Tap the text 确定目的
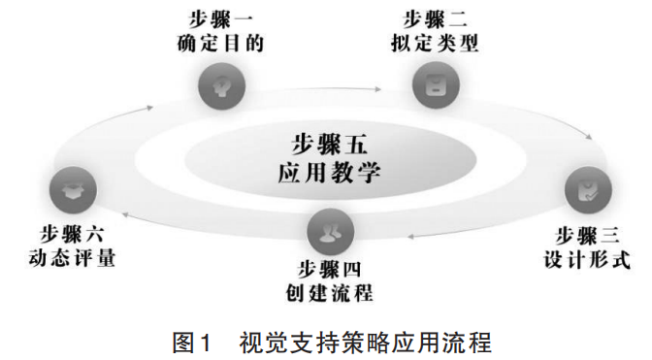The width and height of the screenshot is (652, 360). click(x=221, y=44)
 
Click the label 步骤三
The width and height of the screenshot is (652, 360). click(x=586, y=236)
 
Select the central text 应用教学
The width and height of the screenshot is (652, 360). click(x=328, y=174)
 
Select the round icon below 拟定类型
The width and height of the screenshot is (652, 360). click(x=433, y=87)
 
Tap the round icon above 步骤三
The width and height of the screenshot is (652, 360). click(x=585, y=189)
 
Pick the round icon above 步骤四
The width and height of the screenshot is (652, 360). click(x=328, y=230)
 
